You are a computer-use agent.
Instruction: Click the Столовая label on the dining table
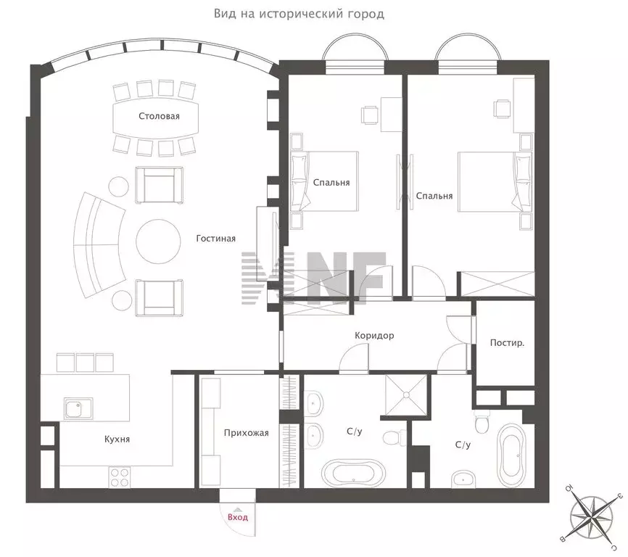[x=159, y=116]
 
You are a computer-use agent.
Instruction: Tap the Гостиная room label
[x=216, y=239]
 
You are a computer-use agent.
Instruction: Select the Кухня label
[x=117, y=440]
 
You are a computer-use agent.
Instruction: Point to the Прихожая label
[x=247, y=433]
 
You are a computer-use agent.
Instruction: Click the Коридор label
[x=374, y=335]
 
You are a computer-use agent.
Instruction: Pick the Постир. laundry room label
[x=507, y=343]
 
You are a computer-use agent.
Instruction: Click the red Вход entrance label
[x=238, y=517]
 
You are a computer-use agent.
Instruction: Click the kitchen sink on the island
[x=78, y=408]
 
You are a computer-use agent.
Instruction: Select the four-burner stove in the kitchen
[x=120, y=477]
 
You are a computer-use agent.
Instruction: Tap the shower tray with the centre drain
[x=406, y=395]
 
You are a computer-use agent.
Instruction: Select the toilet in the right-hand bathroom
[x=481, y=421]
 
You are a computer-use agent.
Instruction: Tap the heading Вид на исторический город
[x=299, y=14]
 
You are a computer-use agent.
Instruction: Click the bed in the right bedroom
[x=495, y=181]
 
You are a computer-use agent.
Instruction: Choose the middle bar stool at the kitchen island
[x=86, y=363]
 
